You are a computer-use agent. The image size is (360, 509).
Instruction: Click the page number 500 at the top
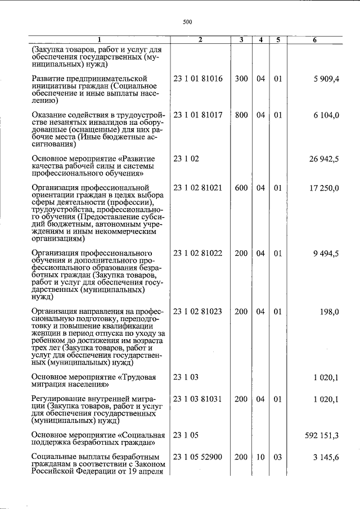[188, 22]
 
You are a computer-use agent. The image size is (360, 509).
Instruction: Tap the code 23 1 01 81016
[198, 79]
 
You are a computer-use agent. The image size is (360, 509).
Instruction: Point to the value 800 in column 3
[241, 115]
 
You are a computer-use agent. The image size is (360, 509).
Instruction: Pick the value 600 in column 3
[241, 188]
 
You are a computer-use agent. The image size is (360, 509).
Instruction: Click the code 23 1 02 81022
[198, 253]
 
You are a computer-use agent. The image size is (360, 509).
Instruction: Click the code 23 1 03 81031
[198, 399]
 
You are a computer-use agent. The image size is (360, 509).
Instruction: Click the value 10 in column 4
[260, 457]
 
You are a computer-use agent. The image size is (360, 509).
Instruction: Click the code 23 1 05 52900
[198, 457]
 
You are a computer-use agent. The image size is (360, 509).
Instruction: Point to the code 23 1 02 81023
[198, 311]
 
